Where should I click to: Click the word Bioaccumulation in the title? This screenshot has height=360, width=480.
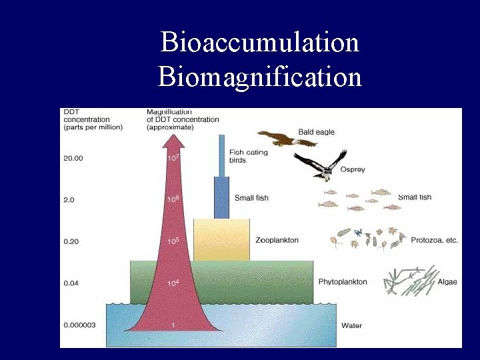(260, 43)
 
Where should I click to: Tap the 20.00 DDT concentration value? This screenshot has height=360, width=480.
(73, 158)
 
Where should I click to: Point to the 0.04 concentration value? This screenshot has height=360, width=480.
(71, 283)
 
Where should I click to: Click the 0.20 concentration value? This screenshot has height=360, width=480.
(71, 241)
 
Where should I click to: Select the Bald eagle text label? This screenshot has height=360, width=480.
(316, 132)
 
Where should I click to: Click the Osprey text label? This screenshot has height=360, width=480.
(353, 170)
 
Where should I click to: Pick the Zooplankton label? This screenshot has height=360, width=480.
(277, 240)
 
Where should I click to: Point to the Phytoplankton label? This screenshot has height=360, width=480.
(343, 282)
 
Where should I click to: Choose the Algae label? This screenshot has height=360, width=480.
(447, 282)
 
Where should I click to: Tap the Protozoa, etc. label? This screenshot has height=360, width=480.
(435, 240)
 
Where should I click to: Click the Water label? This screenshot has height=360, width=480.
(351, 325)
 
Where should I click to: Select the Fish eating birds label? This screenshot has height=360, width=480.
(248, 156)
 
